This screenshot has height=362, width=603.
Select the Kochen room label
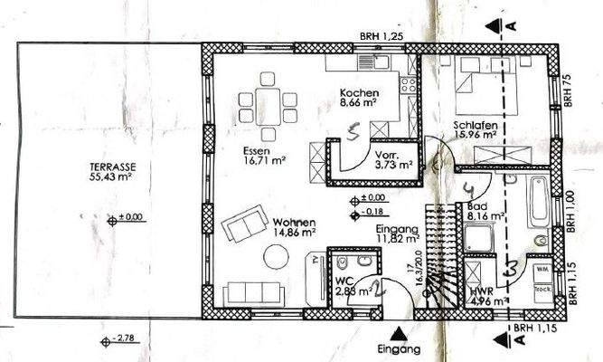click(x=359, y=94)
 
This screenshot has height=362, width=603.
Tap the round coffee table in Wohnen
click(x=277, y=259)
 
